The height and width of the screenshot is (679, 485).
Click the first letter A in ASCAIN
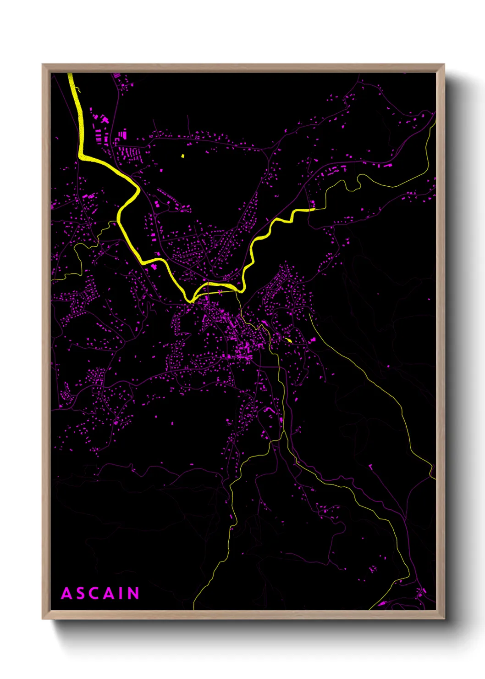coord(67,594)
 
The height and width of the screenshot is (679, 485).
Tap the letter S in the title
coord(80,594)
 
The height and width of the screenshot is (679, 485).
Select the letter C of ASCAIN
coord(94,594)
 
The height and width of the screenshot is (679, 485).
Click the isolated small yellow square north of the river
coord(182,156)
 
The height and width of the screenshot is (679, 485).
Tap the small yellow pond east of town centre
coord(288,340)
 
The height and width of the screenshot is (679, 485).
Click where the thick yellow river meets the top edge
coord(70,74)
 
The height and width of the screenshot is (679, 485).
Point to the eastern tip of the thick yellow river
coord(314,209)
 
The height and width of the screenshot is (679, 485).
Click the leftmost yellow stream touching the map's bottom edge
coord(194,608)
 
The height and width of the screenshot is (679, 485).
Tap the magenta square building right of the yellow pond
coord(313,340)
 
